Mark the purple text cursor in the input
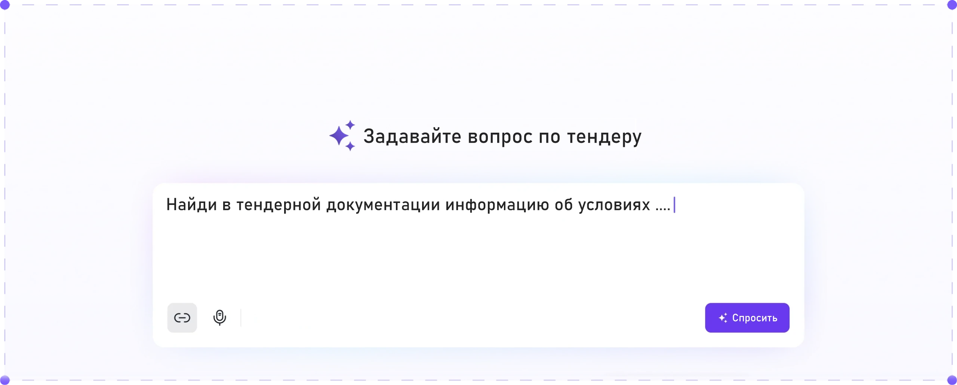pos(674,205)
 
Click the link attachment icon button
pos(182,318)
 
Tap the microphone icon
pos(219,318)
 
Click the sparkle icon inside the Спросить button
pos(723,318)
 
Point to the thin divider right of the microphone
pos(241,318)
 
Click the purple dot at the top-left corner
pos(5,5)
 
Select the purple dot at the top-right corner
pos(952,5)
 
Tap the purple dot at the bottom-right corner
pos(952,380)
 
